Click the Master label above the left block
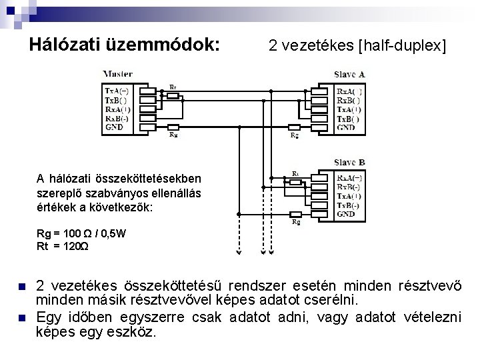[118, 73]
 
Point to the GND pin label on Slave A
[347, 127]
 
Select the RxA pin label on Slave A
[350, 91]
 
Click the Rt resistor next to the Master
[172, 95]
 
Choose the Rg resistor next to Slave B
[296, 214]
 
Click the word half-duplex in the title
[403, 47]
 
